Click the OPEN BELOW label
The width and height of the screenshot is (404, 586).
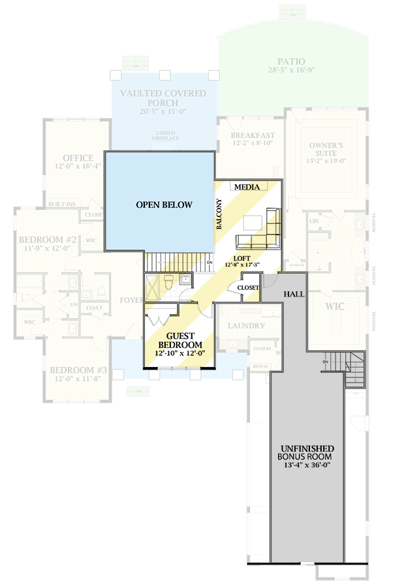coord(164,205)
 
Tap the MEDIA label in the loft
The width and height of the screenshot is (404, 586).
coord(247,187)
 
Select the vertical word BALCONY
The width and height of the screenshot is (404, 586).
coord(220,214)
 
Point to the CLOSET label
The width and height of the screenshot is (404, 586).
coord(248,287)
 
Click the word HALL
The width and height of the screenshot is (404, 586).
coord(294,295)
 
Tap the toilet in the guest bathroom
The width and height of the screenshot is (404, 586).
coord(168,282)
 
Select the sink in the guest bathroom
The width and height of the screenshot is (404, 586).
coord(185,281)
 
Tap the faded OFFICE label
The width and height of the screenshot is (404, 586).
coord(78,158)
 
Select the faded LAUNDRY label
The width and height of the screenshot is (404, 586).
coord(246,325)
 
